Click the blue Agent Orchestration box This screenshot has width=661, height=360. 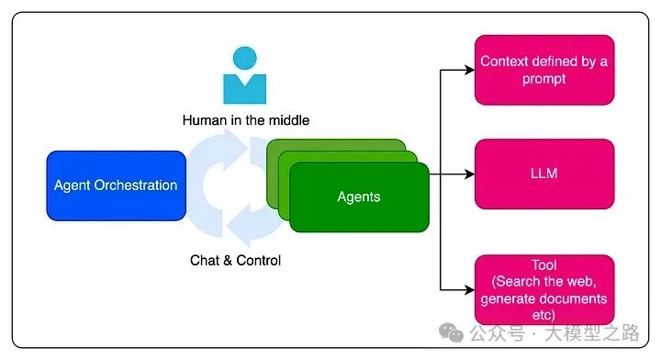click(116, 186)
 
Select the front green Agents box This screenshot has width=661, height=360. click(359, 197)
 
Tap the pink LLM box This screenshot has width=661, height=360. click(543, 174)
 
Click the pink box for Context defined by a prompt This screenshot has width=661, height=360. click(543, 70)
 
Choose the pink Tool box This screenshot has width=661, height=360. click(543, 288)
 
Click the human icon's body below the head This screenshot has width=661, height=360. click(244, 89)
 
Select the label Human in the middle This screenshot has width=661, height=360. click(245, 120)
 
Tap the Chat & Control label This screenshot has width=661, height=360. click(236, 261)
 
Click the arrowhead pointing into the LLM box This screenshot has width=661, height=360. click(469, 174)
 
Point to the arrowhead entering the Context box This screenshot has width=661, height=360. click(469, 70)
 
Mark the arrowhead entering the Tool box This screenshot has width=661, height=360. click(469, 288)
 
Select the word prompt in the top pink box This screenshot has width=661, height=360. click(543, 79)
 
